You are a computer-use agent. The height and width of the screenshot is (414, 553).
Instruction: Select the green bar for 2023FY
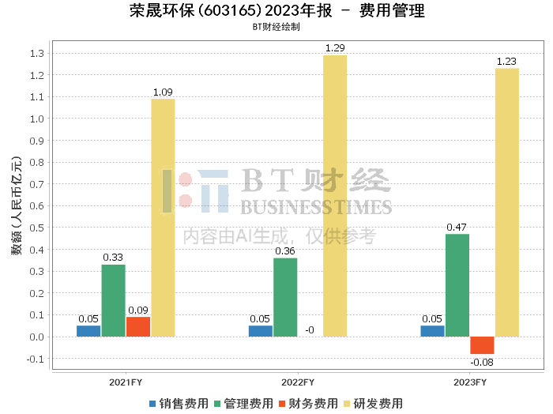(457, 285)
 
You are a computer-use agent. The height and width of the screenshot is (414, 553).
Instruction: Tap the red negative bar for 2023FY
(482, 345)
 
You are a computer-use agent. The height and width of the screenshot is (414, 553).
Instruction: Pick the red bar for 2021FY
(138, 326)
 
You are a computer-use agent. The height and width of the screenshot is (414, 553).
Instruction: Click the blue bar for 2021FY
(88, 331)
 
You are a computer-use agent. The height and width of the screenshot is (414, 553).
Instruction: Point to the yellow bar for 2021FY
(163, 217)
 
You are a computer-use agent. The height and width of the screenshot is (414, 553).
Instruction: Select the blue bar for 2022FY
(261, 331)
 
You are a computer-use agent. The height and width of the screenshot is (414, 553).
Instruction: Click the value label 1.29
(335, 49)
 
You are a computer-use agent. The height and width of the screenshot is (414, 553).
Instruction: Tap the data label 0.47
(457, 228)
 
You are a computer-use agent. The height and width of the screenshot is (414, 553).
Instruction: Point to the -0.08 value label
(481, 363)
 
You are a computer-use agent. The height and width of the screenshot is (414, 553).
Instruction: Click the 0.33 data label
(113, 258)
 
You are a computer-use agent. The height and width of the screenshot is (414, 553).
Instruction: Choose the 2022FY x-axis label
(298, 382)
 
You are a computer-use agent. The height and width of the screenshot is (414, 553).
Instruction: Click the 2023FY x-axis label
(469, 382)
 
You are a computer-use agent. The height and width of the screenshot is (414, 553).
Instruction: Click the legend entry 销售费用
(178, 403)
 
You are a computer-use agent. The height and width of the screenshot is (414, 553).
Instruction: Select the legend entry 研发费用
(374, 403)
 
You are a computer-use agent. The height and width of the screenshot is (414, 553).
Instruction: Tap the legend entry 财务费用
(308, 403)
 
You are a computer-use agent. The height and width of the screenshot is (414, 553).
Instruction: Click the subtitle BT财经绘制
(276, 26)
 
